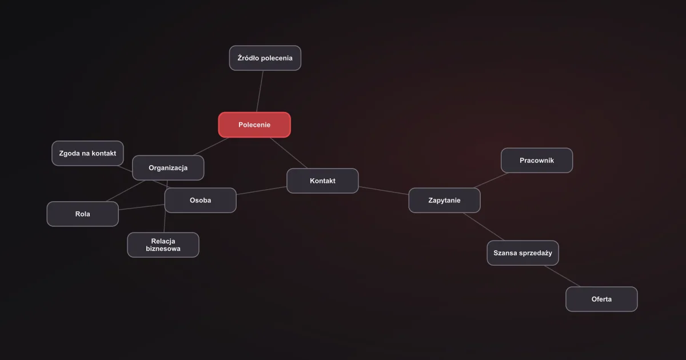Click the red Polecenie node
[x=254, y=125]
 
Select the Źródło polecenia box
[x=265, y=58]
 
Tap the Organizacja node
[x=168, y=168]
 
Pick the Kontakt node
[x=322, y=181]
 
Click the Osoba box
[x=200, y=200]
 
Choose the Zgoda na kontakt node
[x=87, y=153]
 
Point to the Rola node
[x=83, y=214]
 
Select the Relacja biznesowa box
[x=163, y=245]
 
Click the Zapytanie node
[x=444, y=200]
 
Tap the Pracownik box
[x=537, y=161]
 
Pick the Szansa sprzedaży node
[x=523, y=253]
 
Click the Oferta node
[x=601, y=299]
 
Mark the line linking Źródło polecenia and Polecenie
[x=260, y=91]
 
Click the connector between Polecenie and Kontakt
[x=289, y=153]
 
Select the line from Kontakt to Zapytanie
[x=384, y=190]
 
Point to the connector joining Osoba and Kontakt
[x=262, y=190]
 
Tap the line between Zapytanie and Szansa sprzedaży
[x=483, y=226]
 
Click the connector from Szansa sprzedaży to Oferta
[x=562, y=276]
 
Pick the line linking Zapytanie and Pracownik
[x=490, y=181]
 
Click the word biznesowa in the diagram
[x=163, y=249]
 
